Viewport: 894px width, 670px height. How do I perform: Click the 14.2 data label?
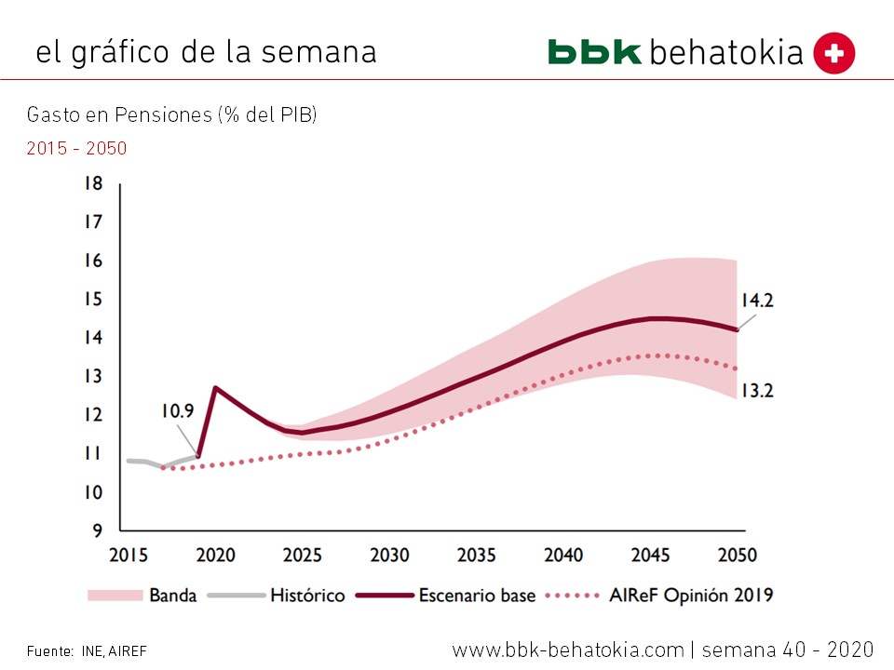tap(757, 301)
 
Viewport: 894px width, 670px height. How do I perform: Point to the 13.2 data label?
tap(757, 391)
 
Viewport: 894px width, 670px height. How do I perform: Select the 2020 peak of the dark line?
tap(216, 387)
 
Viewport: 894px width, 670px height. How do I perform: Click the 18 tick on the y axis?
tap(92, 183)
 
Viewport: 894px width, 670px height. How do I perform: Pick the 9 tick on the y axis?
tap(97, 531)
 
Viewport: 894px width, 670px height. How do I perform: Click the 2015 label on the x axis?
tap(129, 556)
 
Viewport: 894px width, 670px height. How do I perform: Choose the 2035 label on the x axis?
tap(476, 556)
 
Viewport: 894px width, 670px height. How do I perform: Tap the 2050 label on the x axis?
tap(737, 556)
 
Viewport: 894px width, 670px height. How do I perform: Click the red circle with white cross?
tap(833, 53)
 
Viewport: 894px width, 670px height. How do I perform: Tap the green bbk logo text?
tap(595, 51)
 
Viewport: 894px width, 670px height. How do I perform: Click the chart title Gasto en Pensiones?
tap(172, 115)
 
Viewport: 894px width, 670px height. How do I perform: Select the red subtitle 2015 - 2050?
tap(76, 148)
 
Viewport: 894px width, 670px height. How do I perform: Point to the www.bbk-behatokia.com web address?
tap(568, 649)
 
